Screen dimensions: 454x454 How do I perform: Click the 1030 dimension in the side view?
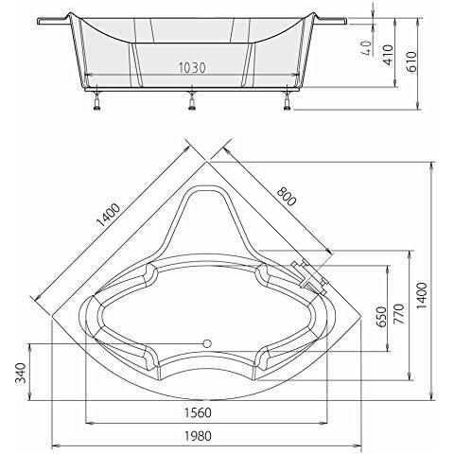[x=192, y=68]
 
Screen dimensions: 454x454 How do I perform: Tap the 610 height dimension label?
[x=411, y=61]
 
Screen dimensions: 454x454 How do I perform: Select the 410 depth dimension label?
[x=388, y=55]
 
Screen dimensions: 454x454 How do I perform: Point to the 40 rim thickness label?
[x=366, y=48]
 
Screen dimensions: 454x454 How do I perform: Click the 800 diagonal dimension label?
[x=287, y=197]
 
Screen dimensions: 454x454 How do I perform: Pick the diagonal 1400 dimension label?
[x=108, y=216]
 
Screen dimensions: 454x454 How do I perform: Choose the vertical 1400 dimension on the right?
[x=422, y=296]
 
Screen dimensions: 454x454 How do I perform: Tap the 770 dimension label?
[x=398, y=314]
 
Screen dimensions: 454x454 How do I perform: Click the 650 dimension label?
[x=381, y=317]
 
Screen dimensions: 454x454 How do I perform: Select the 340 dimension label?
[x=21, y=373]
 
